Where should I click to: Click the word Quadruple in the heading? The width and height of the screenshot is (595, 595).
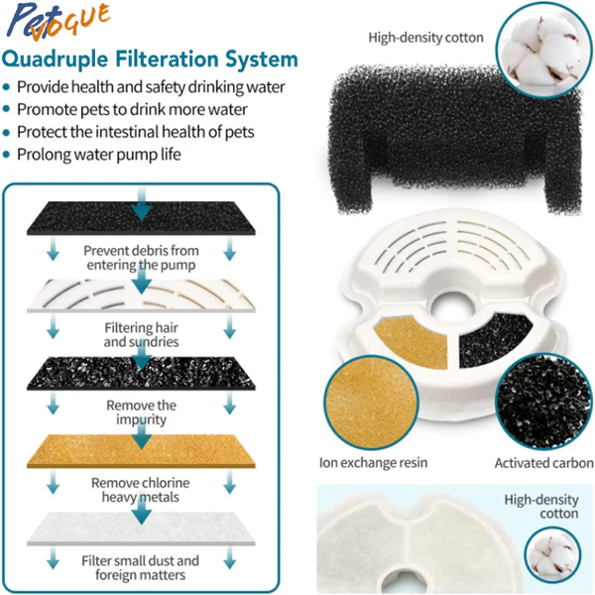(x=55, y=59)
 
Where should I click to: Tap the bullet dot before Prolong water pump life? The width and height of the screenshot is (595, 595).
(x=6, y=155)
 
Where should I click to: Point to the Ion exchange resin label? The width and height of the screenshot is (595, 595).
(x=374, y=462)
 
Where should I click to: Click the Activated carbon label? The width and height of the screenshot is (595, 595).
(x=544, y=463)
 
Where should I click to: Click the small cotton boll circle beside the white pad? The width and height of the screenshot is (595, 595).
(x=553, y=554)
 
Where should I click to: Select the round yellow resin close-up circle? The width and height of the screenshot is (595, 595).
(x=371, y=403)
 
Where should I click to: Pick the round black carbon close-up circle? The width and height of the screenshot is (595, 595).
(x=543, y=401)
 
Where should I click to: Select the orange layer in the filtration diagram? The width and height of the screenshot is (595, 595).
(x=141, y=451)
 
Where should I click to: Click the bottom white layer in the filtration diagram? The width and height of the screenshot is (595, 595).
(x=141, y=529)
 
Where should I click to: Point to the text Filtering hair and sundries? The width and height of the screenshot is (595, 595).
(x=141, y=335)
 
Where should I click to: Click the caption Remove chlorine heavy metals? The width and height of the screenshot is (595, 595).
(x=141, y=490)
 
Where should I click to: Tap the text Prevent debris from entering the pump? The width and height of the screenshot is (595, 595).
(x=141, y=258)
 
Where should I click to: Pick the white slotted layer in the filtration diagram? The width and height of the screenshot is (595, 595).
(x=141, y=296)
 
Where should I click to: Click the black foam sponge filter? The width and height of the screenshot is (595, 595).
(x=455, y=139)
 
